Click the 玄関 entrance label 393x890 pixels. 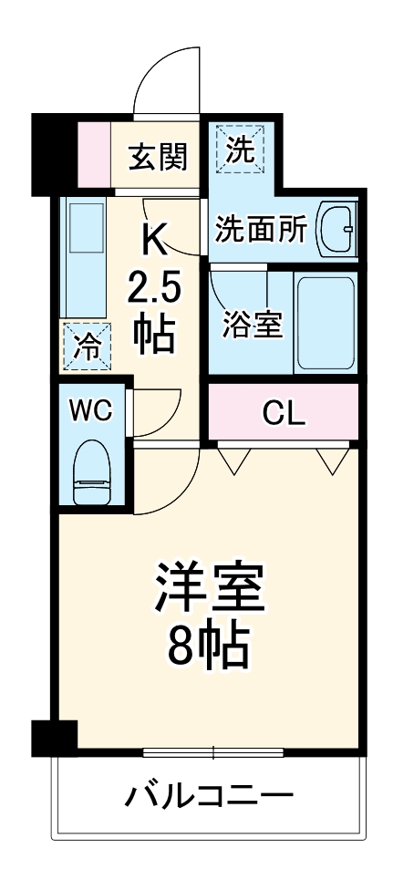pos(158,156)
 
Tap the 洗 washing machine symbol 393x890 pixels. pos(240,149)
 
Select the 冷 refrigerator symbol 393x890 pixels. pos(86,346)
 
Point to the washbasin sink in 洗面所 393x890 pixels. pos(337,231)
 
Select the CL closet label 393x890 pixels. pos(284,413)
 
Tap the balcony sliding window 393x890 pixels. pos(213,752)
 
